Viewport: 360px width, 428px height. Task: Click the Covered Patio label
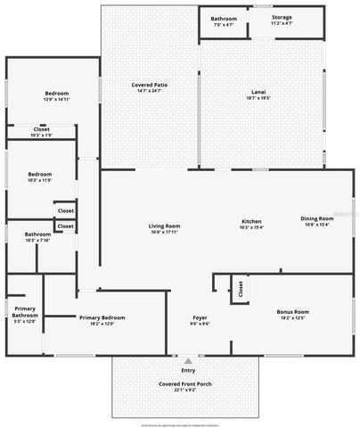coord(150,85)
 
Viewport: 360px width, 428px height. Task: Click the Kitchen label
coord(251,221)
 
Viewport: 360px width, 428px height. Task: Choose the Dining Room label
coord(316,218)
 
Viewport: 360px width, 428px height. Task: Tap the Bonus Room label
coord(293,311)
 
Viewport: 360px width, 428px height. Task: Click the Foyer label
coord(200,317)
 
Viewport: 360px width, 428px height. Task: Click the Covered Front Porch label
coord(185,383)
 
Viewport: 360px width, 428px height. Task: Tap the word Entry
coord(188,370)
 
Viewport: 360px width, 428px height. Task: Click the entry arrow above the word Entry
coord(188,361)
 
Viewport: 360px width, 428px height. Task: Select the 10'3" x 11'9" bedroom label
coord(39,174)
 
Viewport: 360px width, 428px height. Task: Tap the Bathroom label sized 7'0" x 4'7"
coord(223,19)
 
